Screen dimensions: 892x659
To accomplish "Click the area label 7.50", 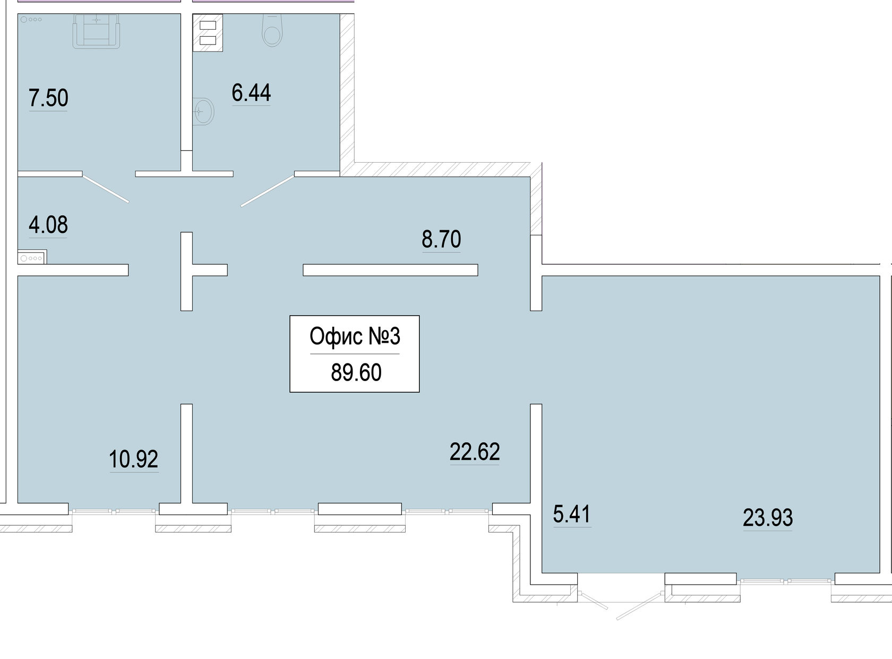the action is tap(48, 98).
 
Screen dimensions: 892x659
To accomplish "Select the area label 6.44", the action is tap(251, 92).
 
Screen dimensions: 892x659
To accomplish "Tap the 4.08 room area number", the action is tap(48, 225).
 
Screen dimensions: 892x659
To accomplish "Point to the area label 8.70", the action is tap(441, 239).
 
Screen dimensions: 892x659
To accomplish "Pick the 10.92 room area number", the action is tap(133, 459).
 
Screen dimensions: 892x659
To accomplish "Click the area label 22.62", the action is tap(475, 452).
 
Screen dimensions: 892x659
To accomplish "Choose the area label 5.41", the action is tap(571, 514).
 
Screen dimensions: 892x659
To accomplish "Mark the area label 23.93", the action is tap(768, 518).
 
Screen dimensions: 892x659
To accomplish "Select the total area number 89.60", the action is tap(356, 373).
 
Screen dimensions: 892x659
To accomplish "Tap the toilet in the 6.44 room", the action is tap(272, 30).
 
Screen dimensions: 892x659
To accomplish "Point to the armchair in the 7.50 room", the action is tap(96, 31).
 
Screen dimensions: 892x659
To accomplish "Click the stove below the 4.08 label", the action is tap(32, 257).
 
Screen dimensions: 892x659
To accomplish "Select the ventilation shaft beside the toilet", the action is tap(208, 32).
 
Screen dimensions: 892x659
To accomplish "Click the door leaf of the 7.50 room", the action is tap(105, 188).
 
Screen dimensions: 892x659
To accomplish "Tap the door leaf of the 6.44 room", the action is tap(268, 191).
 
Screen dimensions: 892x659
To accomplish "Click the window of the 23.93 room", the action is tap(785, 581).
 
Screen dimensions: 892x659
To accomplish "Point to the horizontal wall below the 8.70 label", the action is tap(390, 270).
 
